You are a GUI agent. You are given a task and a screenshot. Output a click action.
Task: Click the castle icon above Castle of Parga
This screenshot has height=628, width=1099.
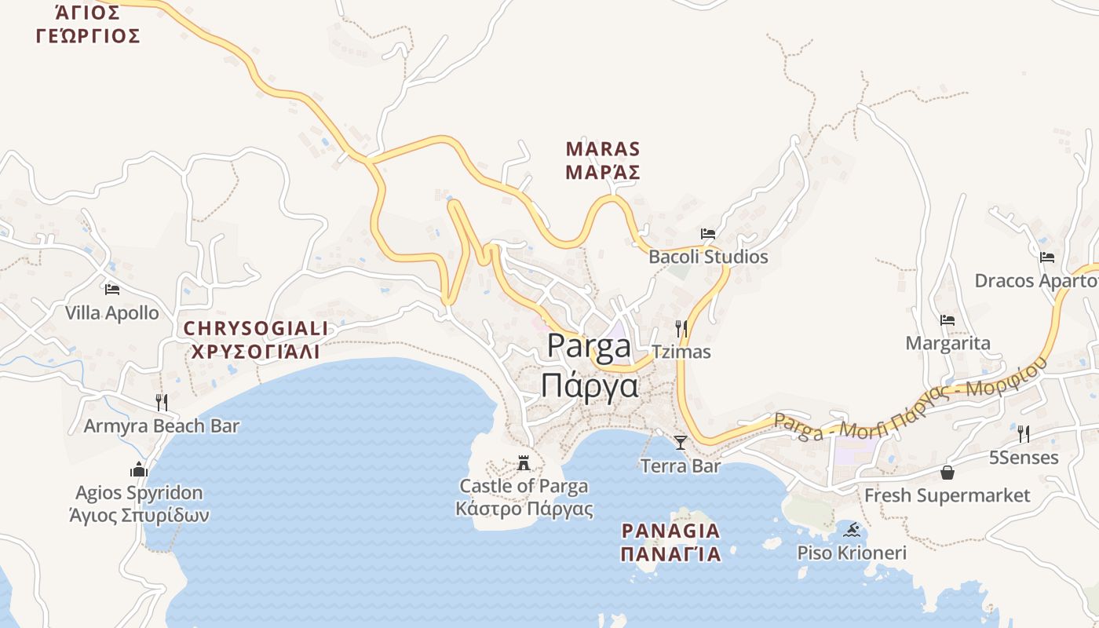point(524,463)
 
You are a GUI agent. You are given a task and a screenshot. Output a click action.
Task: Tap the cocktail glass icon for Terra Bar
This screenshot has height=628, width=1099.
point(681,443)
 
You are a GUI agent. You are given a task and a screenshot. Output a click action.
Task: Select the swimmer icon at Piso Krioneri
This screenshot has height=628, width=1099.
point(853,530)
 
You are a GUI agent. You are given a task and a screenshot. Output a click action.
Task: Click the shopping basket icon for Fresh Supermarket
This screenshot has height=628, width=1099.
point(947,473)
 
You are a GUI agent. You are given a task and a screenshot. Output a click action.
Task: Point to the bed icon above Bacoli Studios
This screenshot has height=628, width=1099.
point(708,234)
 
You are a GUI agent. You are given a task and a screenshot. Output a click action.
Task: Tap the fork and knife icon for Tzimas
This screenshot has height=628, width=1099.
point(681,328)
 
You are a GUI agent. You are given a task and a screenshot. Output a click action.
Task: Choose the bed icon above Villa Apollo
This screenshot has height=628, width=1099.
point(111,290)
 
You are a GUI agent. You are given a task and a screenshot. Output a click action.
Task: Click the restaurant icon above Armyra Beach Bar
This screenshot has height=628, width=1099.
point(161,403)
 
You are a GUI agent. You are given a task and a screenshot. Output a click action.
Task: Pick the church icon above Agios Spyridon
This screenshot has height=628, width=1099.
point(139,469)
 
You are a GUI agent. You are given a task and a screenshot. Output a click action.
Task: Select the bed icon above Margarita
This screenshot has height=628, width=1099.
point(947,320)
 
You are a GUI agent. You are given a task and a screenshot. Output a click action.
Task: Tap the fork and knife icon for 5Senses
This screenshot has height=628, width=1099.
point(1024,433)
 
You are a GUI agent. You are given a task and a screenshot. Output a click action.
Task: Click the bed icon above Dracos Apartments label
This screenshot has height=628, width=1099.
point(1047,257)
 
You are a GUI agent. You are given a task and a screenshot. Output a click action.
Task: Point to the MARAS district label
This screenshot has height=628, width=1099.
point(603,149)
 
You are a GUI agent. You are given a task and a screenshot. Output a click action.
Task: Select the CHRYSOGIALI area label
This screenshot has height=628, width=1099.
point(256,328)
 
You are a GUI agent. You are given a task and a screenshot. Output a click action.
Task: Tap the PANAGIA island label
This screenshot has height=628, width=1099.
point(670,531)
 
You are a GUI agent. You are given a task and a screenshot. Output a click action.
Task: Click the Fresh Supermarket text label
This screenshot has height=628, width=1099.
point(947,495)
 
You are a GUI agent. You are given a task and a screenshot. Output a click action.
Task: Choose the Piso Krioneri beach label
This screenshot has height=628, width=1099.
point(852,553)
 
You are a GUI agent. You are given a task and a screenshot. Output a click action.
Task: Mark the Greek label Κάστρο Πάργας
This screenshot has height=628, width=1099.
point(524,509)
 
